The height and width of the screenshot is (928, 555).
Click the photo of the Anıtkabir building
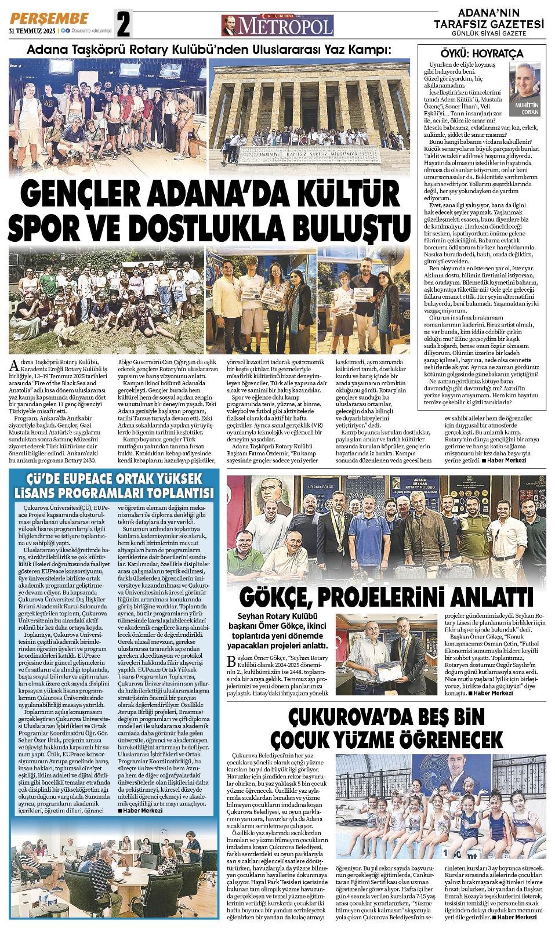310,107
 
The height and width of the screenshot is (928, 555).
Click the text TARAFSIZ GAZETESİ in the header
491,24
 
